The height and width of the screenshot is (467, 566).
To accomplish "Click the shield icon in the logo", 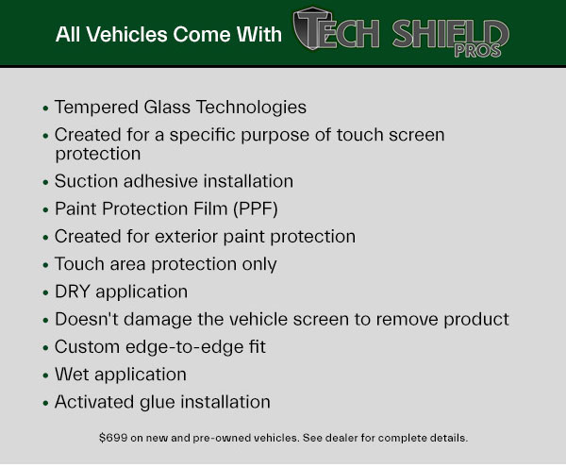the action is (x=311, y=28).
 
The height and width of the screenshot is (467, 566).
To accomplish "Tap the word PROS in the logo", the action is (x=477, y=51).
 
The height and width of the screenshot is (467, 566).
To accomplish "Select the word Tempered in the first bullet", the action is (x=96, y=108).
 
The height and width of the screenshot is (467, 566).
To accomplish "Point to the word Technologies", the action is (x=251, y=108).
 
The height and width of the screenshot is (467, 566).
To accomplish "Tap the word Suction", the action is (x=86, y=181).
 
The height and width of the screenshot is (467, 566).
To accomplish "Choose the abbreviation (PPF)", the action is (x=256, y=209).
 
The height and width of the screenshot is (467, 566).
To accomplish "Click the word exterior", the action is (x=186, y=237).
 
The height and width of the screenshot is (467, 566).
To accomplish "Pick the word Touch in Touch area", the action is (x=79, y=264).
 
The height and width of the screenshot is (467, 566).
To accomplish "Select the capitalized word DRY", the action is (x=73, y=292).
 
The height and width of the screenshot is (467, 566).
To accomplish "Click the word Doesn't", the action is (x=87, y=320).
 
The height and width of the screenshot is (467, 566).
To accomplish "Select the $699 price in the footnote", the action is (x=113, y=438).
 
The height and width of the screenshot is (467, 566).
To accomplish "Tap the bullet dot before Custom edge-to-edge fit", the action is (x=45, y=349).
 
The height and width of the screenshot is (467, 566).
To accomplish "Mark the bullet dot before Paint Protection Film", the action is (x=45, y=210).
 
